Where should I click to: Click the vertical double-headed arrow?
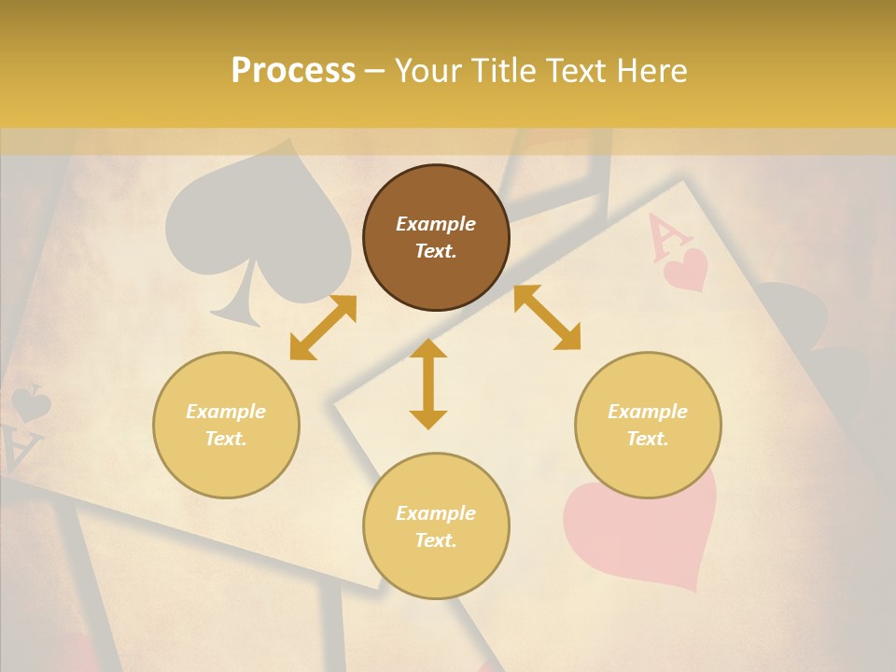pos(428,384)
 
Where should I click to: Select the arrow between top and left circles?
pos(323,328)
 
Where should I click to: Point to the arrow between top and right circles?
pos(547,318)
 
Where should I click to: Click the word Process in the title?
pos(293,70)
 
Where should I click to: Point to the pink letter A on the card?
pos(662,236)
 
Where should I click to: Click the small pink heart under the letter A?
pos(686,269)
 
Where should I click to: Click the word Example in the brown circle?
pos(436,224)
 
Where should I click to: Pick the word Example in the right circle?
pos(648,412)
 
